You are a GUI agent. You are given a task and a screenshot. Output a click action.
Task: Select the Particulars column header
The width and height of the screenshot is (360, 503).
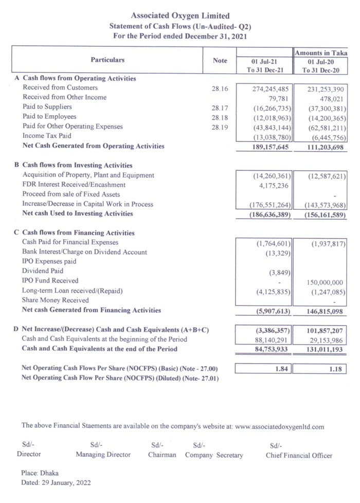(x=107, y=60)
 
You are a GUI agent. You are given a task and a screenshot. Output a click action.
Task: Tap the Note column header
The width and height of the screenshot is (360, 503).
(x=220, y=61)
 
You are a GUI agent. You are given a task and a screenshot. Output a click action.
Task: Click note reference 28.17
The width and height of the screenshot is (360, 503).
(x=220, y=108)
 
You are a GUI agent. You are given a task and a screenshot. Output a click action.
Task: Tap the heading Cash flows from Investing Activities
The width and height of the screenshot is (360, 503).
(x=77, y=166)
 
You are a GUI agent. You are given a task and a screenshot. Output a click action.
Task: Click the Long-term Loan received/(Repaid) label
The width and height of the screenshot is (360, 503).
(x=69, y=291)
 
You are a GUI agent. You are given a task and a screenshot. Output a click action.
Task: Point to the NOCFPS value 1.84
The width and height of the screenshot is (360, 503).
(x=283, y=368)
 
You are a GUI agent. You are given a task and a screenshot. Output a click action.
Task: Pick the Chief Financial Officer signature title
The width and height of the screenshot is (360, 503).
(x=299, y=455)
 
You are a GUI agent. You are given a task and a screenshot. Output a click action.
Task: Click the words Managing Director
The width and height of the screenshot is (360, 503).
(x=103, y=455)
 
